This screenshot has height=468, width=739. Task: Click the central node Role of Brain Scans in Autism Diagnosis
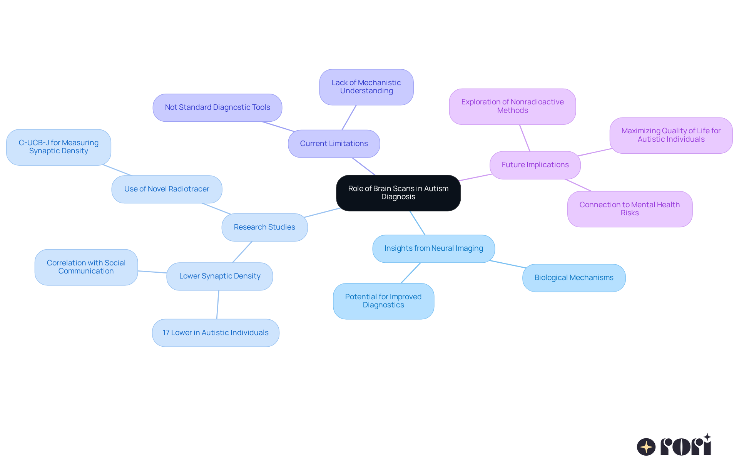tap(398, 193)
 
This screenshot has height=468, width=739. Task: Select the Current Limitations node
tap(334, 144)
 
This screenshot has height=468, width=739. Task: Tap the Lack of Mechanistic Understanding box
tap(366, 87)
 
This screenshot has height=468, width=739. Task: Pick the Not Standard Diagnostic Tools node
tap(217, 107)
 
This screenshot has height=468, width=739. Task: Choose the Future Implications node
tap(535, 165)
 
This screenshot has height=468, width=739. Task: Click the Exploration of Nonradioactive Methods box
tap(512, 106)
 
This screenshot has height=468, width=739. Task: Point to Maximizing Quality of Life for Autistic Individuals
tap(671, 135)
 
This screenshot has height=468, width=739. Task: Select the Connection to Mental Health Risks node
tap(630, 209)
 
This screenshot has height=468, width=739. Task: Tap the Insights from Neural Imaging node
tap(433, 248)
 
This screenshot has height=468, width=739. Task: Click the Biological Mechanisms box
tap(574, 278)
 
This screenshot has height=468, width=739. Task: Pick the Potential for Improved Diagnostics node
tap(383, 301)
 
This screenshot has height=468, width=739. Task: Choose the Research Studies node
tap(264, 227)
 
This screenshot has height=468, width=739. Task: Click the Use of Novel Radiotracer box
tap(167, 189)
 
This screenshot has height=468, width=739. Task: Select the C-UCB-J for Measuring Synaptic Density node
tap(59, 147)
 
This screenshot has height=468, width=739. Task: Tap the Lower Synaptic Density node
tap(220, 276)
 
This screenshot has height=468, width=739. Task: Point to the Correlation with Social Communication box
tap(86, 267)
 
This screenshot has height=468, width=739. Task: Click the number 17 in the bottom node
tap(166, 333)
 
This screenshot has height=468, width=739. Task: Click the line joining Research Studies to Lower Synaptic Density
tap(242, 252)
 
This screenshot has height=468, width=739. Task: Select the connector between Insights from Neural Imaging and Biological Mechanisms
tap(508, 264)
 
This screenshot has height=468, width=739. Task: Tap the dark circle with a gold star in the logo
tap(646, 447)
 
